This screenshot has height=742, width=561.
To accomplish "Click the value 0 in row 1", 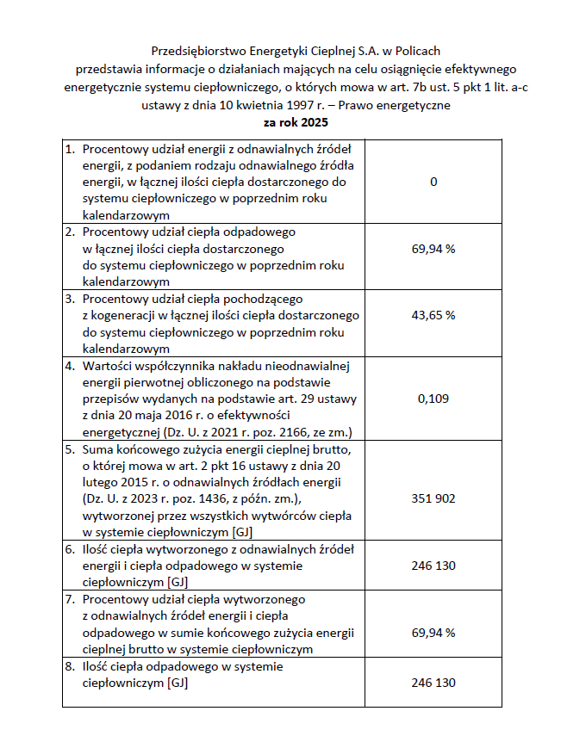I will click(433, 182).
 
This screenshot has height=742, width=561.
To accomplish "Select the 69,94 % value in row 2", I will click(433, 249).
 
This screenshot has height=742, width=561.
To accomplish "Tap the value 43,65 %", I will click(433, 315).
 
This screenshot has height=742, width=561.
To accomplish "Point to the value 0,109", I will click(433, 399).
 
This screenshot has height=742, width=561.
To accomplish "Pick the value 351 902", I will click(433, 498).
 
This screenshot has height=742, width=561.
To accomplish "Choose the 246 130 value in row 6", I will click(433, 566).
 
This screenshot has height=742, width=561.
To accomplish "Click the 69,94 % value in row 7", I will click(433, 633).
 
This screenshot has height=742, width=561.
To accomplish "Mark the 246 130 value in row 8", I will click(433, 683).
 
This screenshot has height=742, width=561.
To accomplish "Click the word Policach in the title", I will click(417, 51).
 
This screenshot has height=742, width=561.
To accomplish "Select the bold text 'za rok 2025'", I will click(279, 123).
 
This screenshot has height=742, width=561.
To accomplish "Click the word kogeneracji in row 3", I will click(122, 316).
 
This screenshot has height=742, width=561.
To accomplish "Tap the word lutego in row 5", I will click(101, 483).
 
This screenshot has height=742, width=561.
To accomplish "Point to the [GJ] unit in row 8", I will click(177, 683).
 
